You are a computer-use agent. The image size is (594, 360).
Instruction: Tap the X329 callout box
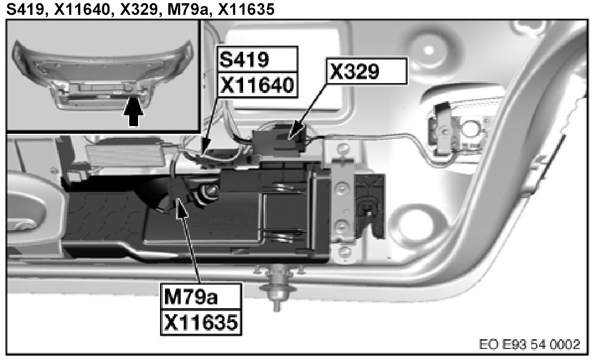[x=368, y=70]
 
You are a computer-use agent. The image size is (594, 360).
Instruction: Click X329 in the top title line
[x=142, y=9]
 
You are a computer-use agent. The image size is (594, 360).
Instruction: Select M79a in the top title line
[x=194, y=9]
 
